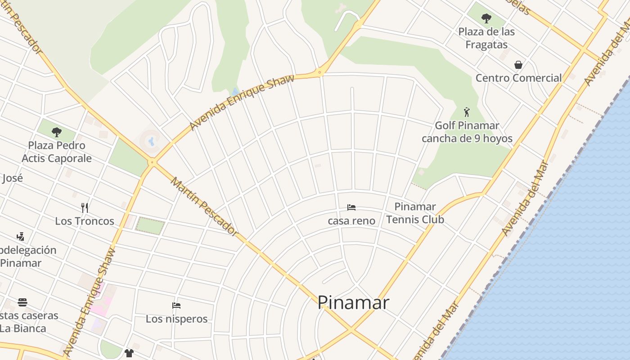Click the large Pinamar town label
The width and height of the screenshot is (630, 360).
click(353, 302)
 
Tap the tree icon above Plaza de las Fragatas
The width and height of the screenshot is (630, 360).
click(486, 18)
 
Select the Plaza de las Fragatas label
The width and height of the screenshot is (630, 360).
click(486, 38)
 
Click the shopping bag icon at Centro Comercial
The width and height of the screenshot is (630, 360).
click(518, 65)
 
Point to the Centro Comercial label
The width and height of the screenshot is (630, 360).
click(518, 78)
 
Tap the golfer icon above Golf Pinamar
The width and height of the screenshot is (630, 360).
click(467, 112)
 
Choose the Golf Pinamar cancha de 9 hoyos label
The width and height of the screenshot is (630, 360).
click(467, 132)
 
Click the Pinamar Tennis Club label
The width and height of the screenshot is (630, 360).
click(415, 213)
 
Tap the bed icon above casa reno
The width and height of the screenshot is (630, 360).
click(351, 207)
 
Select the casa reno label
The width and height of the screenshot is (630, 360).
click(351, 220)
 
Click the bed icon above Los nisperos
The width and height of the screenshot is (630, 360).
click(176, 306)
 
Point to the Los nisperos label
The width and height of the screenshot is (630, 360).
click(176, 319)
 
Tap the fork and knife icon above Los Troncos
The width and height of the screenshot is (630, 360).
click(84, 207)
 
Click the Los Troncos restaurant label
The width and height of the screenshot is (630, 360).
click(85, 221)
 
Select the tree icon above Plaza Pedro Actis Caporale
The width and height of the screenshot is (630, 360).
click(57, 132)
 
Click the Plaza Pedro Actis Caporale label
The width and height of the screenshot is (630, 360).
click(57, 152)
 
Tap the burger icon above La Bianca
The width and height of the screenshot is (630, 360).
click(22, 302)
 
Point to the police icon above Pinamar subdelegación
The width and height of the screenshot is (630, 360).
click(20, 236)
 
